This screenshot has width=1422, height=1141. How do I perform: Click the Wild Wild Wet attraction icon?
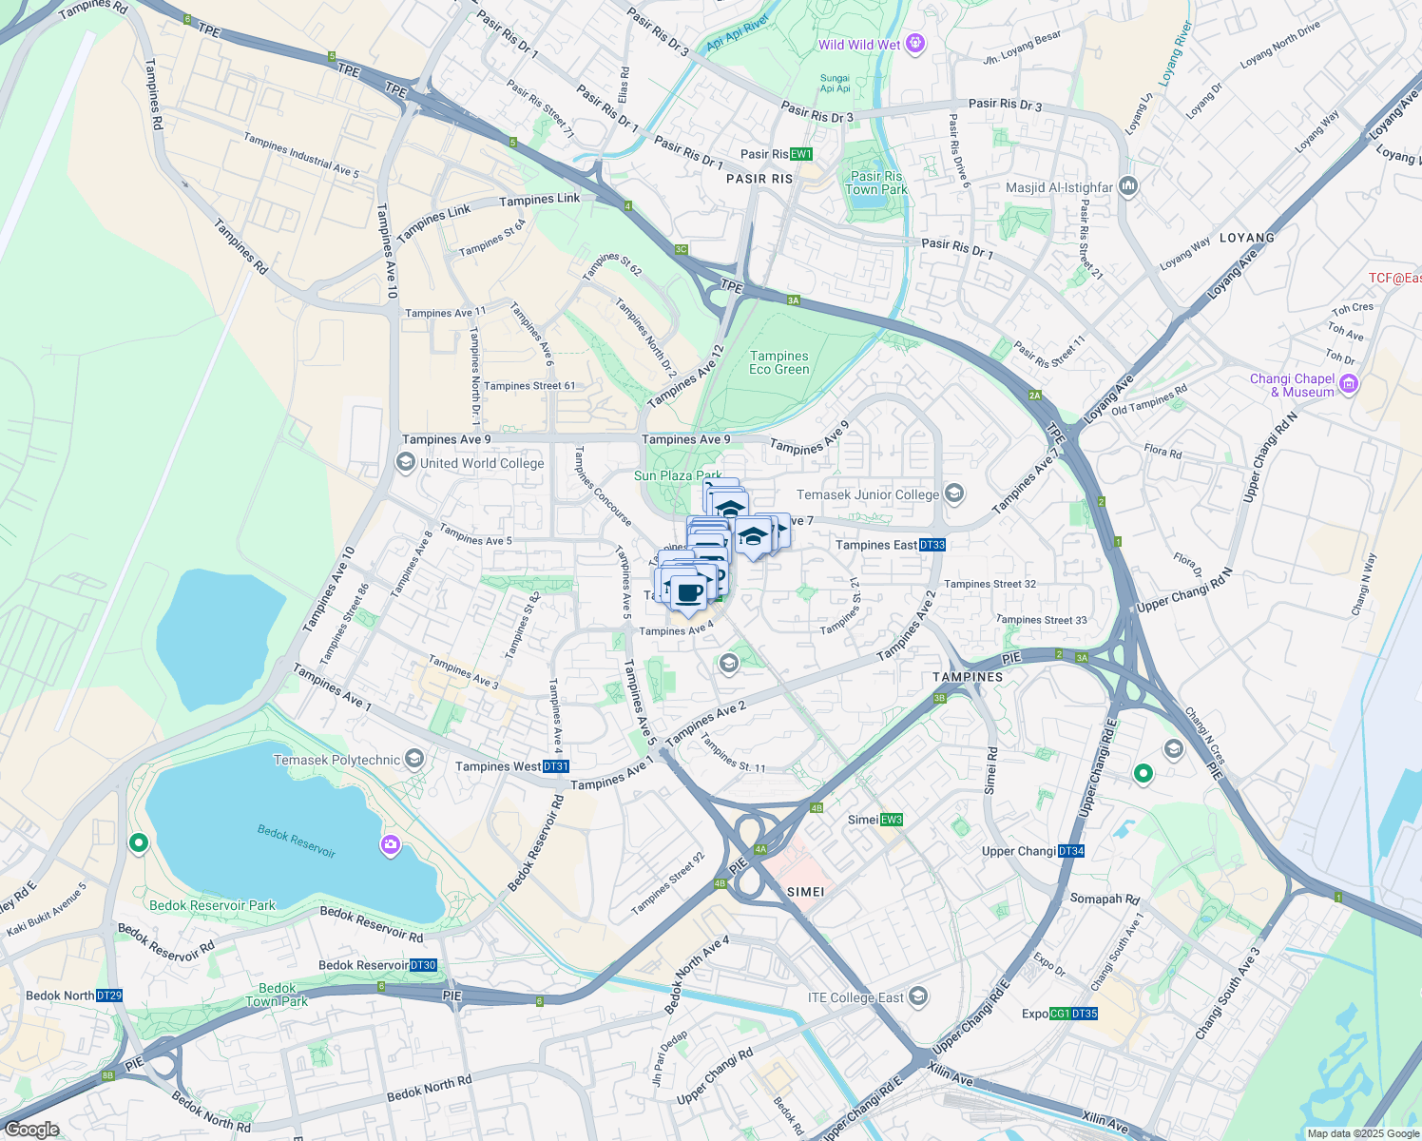(x=915, y=43)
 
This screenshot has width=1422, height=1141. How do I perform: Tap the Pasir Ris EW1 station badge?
(x=801, y=154)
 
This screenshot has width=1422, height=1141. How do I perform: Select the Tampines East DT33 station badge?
(x=932, y=545)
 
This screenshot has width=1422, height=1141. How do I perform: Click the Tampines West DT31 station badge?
(x=556, y=766)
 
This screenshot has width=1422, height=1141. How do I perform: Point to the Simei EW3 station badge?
(x=891, y=820)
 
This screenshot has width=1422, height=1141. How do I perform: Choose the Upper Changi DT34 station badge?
(x=1071, y=851)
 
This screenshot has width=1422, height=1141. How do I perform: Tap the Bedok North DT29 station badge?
(x=109, y=996)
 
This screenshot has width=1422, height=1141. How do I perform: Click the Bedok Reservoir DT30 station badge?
(x=424, y=965)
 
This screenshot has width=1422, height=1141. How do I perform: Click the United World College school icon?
(x=406, y=463)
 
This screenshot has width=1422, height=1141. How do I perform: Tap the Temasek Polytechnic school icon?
(x=413, y=759)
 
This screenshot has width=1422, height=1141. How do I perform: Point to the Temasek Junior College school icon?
(x=954, y=493)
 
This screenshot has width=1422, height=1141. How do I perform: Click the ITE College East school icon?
(x=917, y=996)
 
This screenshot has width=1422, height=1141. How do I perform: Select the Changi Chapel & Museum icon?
(x=1350, y=384)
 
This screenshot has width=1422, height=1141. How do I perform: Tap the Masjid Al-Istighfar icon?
(x=1128, y=185)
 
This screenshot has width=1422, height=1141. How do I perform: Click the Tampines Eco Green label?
(x=779, y=362)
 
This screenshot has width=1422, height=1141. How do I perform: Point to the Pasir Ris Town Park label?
(x=876, y=183)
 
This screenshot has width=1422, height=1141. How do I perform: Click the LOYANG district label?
(x=1246, y=238)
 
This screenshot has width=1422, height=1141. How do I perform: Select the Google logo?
(x=31, y=1130)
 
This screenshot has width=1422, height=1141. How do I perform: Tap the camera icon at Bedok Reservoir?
(x=391, y=844)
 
